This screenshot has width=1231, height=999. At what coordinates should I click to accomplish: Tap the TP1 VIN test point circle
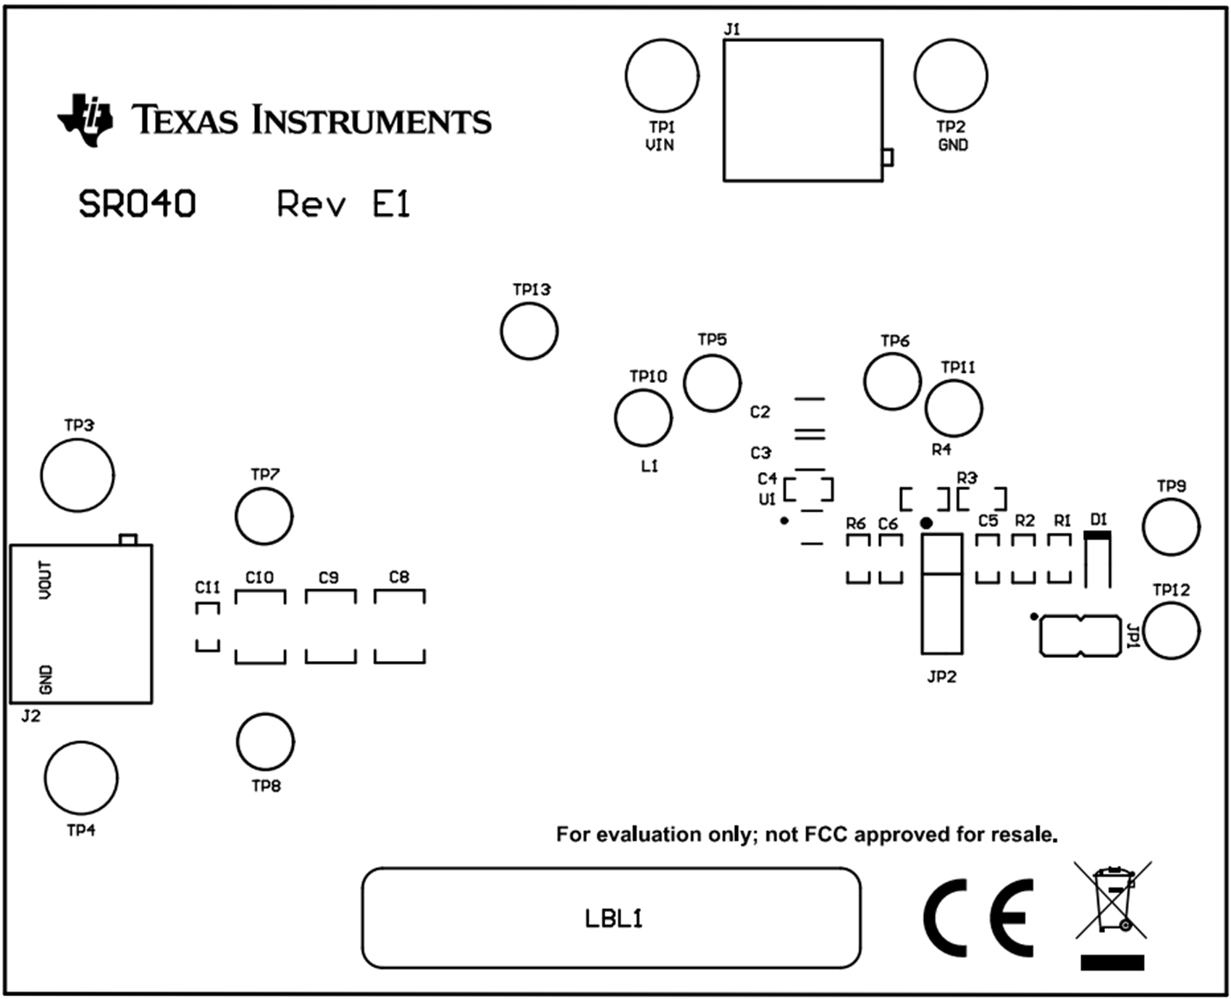[662, 76]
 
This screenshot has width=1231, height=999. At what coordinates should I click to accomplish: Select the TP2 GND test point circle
[950, 76]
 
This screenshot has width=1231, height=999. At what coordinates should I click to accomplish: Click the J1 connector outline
[802, 110]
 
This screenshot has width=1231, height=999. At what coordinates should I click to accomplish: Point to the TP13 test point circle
[529, 331]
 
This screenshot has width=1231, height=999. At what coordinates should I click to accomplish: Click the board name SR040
[137, 205]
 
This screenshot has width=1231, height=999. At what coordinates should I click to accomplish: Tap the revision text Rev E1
[343, 205]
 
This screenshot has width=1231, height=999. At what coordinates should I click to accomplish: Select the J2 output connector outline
[81, 623]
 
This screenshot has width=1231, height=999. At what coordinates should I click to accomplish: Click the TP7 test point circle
[264, 516]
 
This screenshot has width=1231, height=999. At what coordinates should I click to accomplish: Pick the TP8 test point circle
[265, 742]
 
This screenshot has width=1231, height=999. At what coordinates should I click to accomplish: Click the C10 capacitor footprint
[260, 627]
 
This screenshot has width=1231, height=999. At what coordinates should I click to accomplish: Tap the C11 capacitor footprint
[207, 627]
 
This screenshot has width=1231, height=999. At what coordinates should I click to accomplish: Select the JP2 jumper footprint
[941, 594]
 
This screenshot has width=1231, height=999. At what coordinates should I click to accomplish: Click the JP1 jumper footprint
[1080, 636]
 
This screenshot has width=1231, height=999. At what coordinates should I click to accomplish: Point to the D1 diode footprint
[1097, 560]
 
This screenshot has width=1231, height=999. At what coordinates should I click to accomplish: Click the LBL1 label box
[611, 918]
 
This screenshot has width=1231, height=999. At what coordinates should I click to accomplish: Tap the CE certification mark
[978, 918]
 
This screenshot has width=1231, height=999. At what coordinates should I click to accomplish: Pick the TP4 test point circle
[81, 778]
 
